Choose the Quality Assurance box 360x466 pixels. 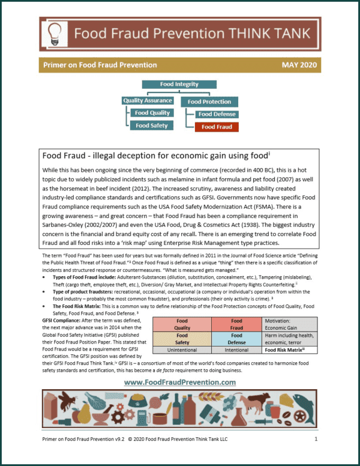tap(148, 100)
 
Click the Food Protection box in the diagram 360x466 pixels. tap(209, 101)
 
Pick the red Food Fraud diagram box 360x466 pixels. tap(217, 127)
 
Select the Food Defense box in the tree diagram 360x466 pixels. tap(217, 114)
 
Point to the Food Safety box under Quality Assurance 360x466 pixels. tap(152, 126)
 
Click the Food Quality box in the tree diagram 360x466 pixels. tap(152, 113)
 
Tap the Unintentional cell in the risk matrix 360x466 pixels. tap(178, 349)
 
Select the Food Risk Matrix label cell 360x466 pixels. tap(288, 349)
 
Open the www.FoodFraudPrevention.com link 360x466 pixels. tap(179, 382)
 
